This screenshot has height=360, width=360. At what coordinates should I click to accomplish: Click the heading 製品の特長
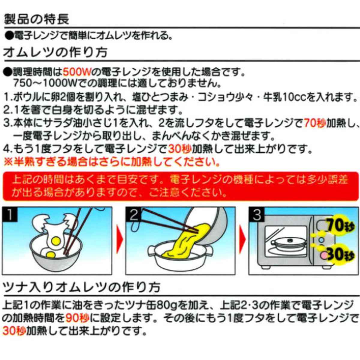[x=37, y=19]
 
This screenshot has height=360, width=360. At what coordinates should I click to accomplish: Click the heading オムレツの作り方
[x=55, y=52]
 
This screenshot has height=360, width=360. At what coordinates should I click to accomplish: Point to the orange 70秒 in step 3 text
[x=315, y=123]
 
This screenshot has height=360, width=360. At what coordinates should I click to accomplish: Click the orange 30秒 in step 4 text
[x=180, y=149]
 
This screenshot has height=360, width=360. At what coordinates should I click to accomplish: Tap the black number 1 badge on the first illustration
[x=10, y=214]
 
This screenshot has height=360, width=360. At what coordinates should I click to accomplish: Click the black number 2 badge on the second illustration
[x=133, y=214]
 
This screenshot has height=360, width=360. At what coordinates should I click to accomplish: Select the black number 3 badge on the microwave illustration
[x=256, y=214]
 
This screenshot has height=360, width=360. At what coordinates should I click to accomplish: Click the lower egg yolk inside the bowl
[x=51, y=254]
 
